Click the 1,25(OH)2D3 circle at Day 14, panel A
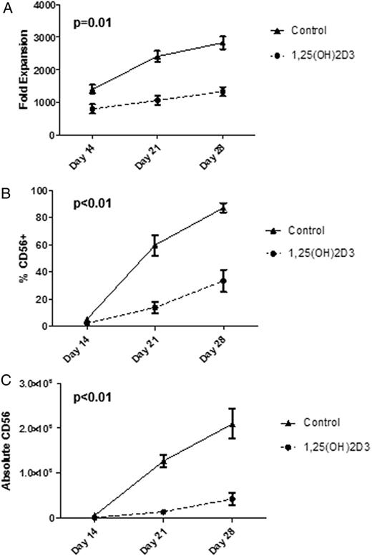[93, 109]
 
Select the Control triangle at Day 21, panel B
[157, 245]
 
